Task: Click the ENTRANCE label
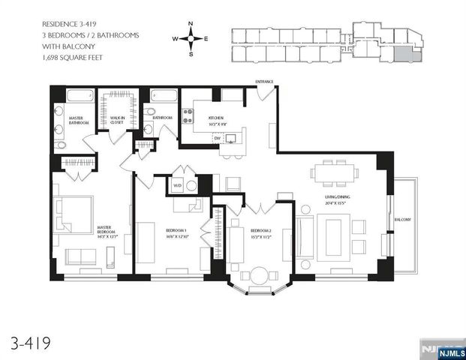pyautogui.click(x=263, y=81)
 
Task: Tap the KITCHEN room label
pyautogui.click(x=216, y=118)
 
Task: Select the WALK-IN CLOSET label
pyautogui.click(x=117, y=120)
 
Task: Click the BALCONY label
pyautogui.click(x=402, y=220)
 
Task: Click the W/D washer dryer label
pyautogui.click(x=178, y=184)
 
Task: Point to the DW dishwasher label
pyautogui.click(x=216, y=138)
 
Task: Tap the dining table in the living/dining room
pyautogui.click(x=331, y=172)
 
